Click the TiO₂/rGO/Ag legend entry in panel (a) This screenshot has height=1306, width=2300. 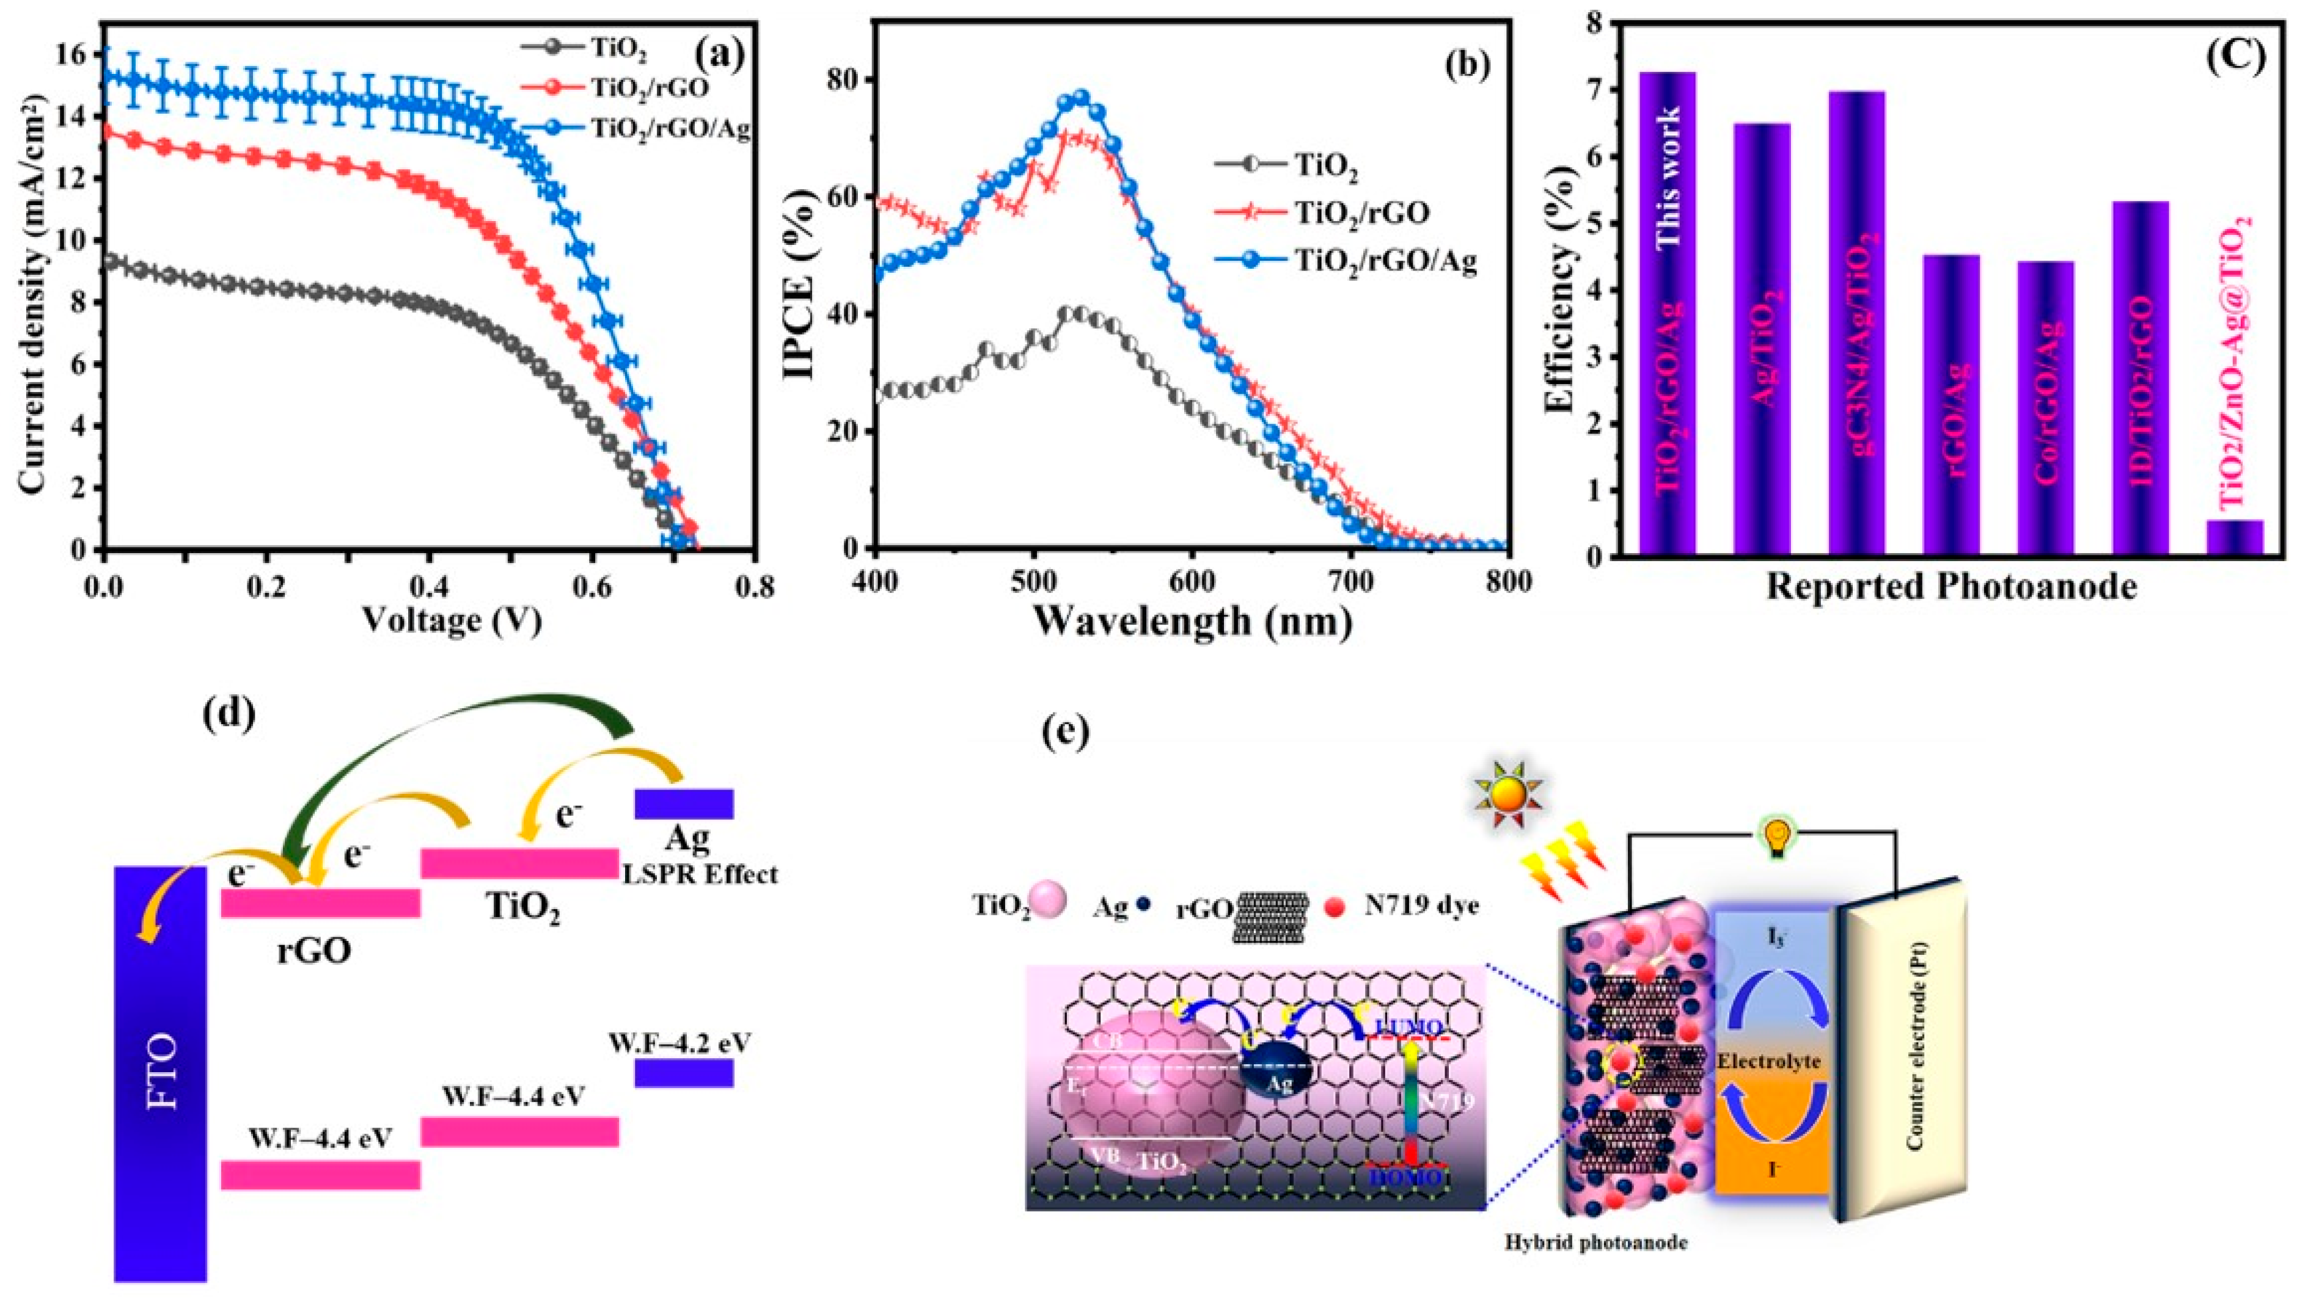pos(668,128)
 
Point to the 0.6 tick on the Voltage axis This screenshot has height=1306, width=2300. pos(592,581)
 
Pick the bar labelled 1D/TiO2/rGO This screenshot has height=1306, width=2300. pos(2141,377)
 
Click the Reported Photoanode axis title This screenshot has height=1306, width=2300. pos(1951,587)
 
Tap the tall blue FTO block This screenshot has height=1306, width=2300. pos(161,1072)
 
